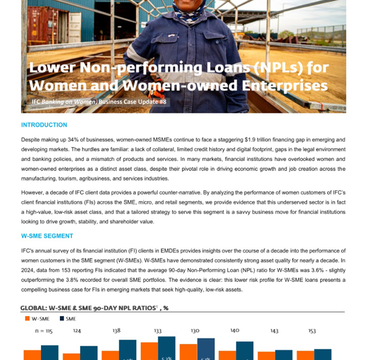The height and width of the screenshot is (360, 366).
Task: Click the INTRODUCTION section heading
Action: (x=44, y=125)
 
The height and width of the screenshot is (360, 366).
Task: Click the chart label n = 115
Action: (x=44, y=331)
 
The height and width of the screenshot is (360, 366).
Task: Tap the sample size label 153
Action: (x=311, y=331)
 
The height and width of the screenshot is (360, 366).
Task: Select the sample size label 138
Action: (x=116, y=331)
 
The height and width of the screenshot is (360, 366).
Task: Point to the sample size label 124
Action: (x=77, y=331)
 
